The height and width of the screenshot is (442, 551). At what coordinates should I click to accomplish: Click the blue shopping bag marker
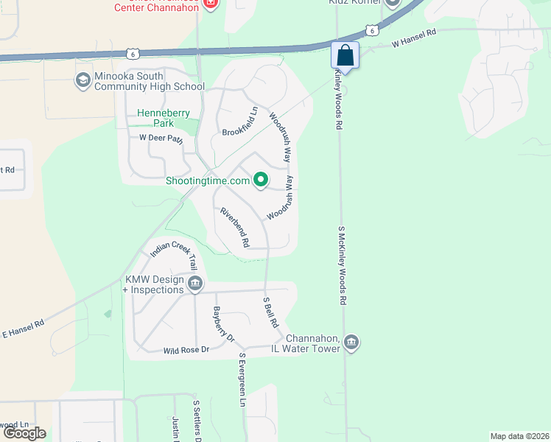(x=345, y=55)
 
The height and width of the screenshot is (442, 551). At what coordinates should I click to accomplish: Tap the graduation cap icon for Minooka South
(x=83, y=80)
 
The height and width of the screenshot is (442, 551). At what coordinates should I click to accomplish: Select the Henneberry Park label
(x=164, y=119)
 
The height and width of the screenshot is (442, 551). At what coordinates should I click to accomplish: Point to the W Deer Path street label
(x=161, y=138)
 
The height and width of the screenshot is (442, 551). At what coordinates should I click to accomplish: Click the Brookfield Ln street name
(x=240, y=122)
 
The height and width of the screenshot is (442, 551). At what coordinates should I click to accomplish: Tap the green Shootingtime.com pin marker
(x=260, y=180)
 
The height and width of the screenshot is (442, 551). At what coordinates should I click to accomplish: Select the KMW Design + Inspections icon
(x=195, y=284)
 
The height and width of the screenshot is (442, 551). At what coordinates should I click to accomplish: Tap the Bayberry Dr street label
(x=223, y=324)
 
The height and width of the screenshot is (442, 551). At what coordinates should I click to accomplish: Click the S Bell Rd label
(x=270, y=312)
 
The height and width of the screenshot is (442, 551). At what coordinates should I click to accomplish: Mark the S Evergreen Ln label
(x=242, y=379)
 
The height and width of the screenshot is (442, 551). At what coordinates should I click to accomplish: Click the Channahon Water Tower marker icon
(x=351, y=343)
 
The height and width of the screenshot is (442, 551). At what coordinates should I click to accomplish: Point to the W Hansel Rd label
(x=414, y=39)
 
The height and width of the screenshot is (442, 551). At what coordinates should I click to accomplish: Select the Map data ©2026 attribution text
(x=519, y=436)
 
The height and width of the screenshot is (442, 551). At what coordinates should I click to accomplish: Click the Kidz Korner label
(x=353, y=2)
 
